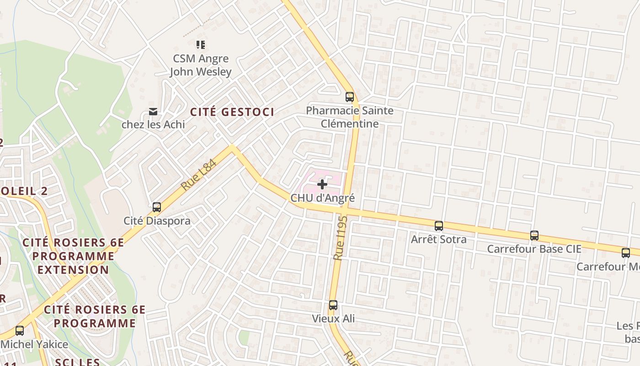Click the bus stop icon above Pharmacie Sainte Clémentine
tap(350, 97)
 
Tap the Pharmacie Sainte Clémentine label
tap(350, 117)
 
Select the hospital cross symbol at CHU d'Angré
tap(322, 184)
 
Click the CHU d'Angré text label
tap(323, 198)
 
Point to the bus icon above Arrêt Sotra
tap(439, 226)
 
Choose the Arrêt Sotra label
tap(439, 239)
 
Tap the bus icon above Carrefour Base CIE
tap(534, 236)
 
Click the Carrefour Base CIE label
tap(534, 249)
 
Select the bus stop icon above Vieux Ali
tap(333, 305)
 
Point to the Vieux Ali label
tap(333, 318)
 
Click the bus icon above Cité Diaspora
tap(157, 207)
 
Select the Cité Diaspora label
tap(157, 221)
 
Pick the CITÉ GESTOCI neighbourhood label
tap(232, 112)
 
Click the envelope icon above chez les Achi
tap(153, 112)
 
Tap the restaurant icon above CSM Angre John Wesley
tap(201, 45)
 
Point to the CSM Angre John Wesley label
tap(201, 65)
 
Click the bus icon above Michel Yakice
tap(20, 331)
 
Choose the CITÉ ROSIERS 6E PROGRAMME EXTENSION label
tap(73, 256)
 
